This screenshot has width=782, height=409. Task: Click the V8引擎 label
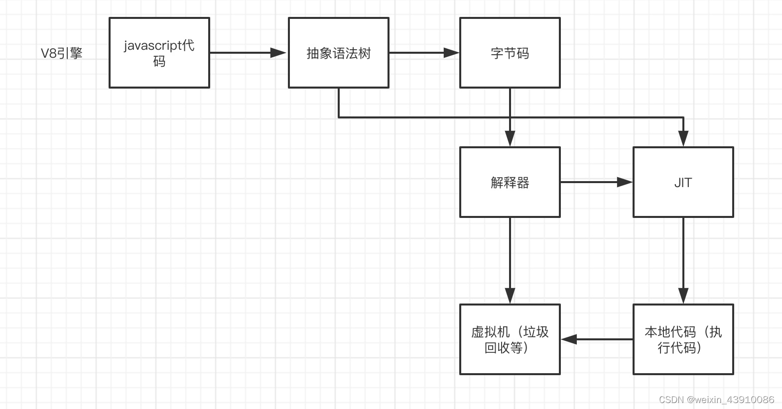(x=61, y=53)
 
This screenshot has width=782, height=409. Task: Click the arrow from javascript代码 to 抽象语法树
(x=247, y=53)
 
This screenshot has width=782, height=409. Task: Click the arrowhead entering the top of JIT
(x=683, y=139)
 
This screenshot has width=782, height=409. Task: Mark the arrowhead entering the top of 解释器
(x=510, y=139)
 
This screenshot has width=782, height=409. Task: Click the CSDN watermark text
(x=716, y=400)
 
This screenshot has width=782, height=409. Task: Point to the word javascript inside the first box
(x=153, y=46)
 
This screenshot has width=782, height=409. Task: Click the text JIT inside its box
(x=683, y=183)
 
